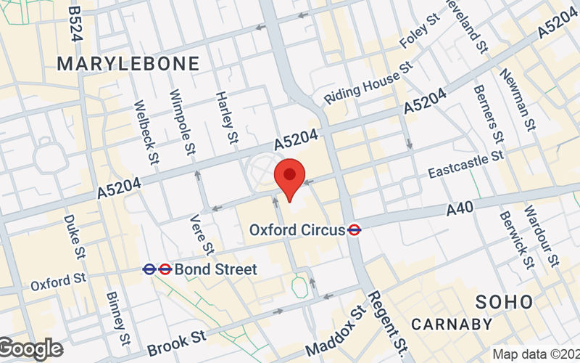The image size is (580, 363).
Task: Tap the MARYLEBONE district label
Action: (x=128, y=64)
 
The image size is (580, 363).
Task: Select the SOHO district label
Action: (x=504, y=302)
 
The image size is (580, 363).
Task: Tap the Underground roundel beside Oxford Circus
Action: (x=355, y=229)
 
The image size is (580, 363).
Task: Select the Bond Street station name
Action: (x=215, y=269)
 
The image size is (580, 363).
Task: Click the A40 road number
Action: (x=460, y=209)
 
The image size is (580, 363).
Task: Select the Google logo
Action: (x=30, y=348)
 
